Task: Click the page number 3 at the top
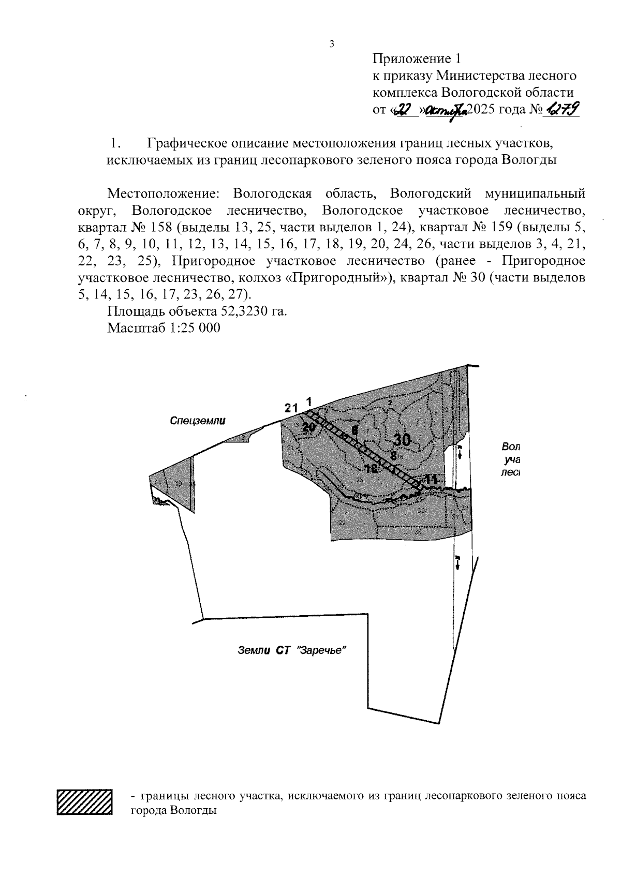pyautogui.click(x=332, y=44)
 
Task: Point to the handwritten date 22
pyautogui.click(x=405, y=110)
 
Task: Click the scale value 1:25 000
pyautogui.click(x=192, y=328)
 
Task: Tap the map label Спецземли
pyautogui.click(x=198, y=421)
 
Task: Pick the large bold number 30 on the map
pyautogui.click(x=402, y=440)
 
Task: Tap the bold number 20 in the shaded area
pyautogui.click(x=309, y=427)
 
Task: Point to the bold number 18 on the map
pyautogui.click(x=371, y=469)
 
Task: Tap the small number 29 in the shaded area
pyautogui.click(x=342, y=523)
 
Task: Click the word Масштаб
pyautogui.click(x=135, y=328)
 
